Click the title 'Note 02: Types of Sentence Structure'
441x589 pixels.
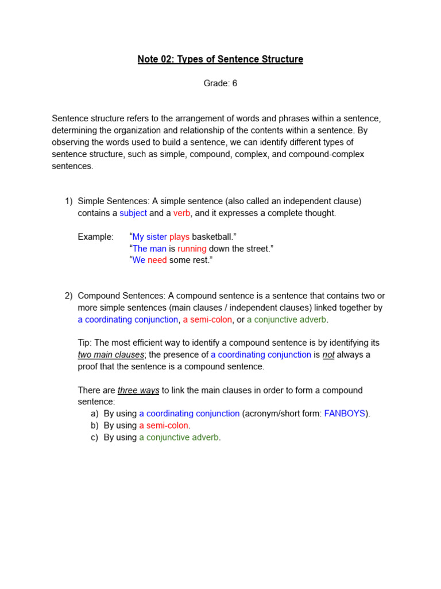[220, 59]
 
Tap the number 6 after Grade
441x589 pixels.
[234, 83]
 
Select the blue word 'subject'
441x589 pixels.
[133, 213]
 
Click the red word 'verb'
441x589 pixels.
[181, 213]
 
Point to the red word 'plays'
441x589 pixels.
[179, 236]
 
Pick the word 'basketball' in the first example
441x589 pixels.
[214, 236]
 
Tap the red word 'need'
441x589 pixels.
[157, 260]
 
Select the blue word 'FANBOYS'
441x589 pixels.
[345, 414]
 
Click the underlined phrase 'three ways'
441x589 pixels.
[138, 390]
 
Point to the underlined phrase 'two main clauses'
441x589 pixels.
[110, 355]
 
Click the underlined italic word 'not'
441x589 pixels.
[328, 355]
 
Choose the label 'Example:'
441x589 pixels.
[96, 236]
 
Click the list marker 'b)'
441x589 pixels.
[94, 426]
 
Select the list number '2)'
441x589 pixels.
[69, 296]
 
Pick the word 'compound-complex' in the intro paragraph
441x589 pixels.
[329, 154]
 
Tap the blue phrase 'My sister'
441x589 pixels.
[149, 236]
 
